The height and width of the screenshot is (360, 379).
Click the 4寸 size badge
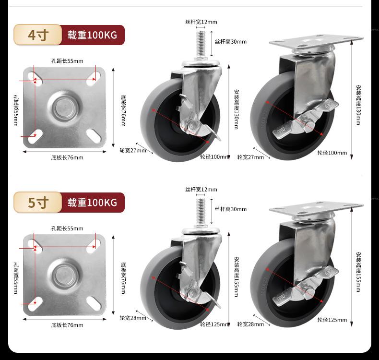[38, 35]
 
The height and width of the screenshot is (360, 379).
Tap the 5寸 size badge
[38, 203]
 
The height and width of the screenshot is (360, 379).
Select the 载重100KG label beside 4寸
[93, 35]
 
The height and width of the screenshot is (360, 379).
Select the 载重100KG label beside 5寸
[93, 203]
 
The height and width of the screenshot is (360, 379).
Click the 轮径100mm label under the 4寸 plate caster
[332, 153]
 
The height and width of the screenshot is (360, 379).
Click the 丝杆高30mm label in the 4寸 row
[231, 42]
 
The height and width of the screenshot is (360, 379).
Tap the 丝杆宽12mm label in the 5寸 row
[201, 190]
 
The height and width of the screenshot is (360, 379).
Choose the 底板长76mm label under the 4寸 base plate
[67, 157]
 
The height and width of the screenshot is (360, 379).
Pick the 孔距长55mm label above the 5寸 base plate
[67, 228]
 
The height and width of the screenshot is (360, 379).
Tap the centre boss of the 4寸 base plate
[64, 108]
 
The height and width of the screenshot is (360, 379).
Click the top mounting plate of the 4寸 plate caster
[316, 40]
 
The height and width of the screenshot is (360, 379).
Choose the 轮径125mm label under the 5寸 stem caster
[215, 324]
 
